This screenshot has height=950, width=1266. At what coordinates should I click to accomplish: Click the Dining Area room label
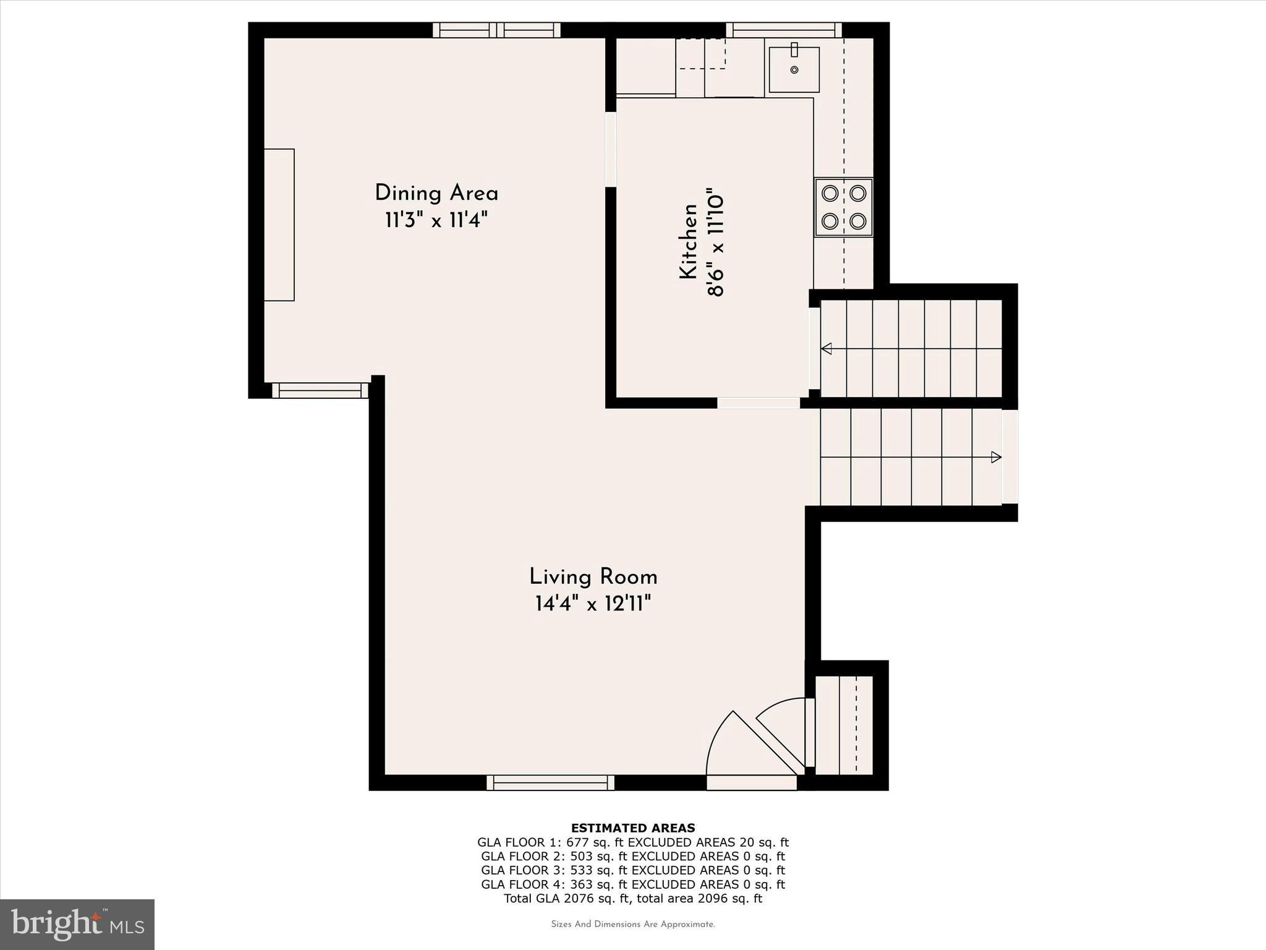pos(436,193)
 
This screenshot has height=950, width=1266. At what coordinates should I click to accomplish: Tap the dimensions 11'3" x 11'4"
pos(436,220)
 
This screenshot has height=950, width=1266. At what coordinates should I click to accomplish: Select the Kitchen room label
pos(688,242)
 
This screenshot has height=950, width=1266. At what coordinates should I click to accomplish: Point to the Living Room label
pos(593,577)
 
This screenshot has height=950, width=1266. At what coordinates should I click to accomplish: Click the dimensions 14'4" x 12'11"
pos(593,604)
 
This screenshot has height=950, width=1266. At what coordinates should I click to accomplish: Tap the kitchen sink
pos(794,69)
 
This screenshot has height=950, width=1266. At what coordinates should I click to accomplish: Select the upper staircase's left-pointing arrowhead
pos(826,349)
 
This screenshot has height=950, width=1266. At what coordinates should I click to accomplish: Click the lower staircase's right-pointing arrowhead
pos(996,458)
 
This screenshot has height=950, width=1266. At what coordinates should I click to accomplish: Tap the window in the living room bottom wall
pos(550,782)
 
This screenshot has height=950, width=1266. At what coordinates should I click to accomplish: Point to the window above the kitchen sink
pos(783,30)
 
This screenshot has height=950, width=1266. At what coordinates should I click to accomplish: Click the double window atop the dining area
pos(496,30)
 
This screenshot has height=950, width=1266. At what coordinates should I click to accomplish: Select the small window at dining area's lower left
pos(320,390)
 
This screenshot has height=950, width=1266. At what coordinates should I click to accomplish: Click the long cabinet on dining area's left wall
pos(279,225)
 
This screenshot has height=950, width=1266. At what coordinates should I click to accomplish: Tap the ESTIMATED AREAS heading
pos(632,828)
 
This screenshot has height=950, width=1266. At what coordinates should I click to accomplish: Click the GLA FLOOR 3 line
pos(632,870)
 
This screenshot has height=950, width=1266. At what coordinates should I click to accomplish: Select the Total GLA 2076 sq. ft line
pos(632,899)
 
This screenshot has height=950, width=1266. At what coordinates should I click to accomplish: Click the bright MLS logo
pos(77,924)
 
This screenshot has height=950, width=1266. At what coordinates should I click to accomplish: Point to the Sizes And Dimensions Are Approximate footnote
pos(632,925)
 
